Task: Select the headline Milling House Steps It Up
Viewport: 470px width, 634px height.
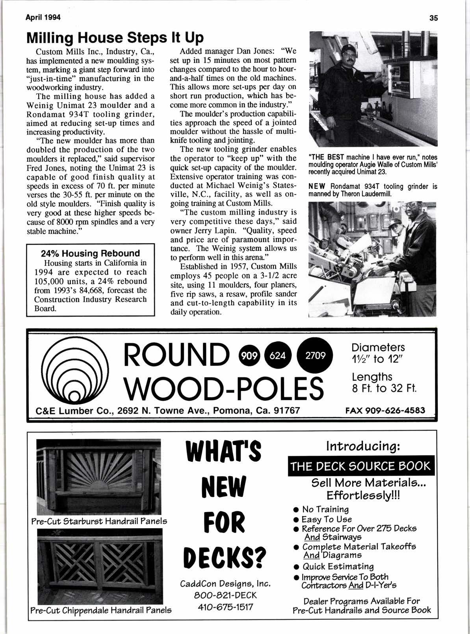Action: tap(115, 37)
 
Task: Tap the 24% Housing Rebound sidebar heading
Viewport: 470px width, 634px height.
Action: tap(91, 253)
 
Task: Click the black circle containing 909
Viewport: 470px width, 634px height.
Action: tap(249, 356)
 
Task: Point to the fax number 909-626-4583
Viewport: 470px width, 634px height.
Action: tap(385, 410)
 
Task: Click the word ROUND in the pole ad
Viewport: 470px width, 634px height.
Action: tap(176, 354)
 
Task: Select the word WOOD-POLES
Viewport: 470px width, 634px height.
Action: tap(223, 387)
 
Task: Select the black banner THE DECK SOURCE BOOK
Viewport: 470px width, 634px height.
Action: tap(360, 466)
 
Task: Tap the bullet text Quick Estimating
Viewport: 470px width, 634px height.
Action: tap(338, 567)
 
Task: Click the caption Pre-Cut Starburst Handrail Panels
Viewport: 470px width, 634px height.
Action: tap(99, 521)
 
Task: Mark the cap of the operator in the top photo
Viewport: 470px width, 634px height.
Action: tap(347, 48)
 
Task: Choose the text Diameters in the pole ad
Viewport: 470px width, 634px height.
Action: tap(378, 348)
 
